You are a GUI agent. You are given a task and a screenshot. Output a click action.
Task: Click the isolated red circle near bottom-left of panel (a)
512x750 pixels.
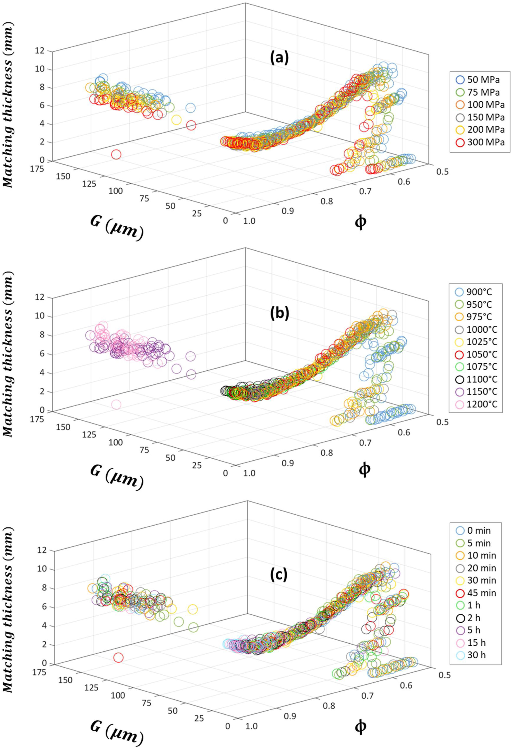click(x=116, y=155)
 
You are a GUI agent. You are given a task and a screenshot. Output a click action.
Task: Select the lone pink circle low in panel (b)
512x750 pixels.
click(x=116, y=404)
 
